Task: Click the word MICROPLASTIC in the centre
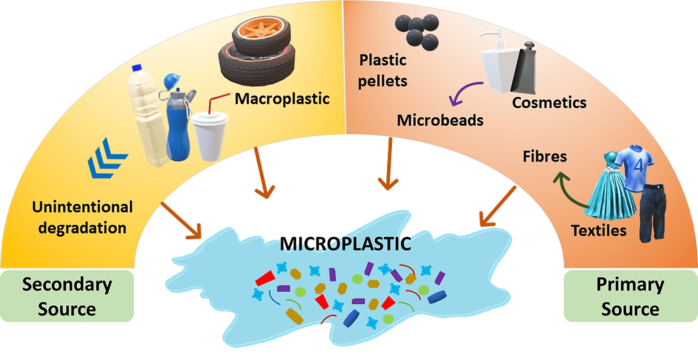pos(345,244)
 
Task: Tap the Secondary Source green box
pos(67,296)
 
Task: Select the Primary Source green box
pos(630,296)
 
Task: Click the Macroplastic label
pos(282,99)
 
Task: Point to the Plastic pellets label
pos(382,71)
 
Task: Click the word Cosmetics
pos(549,103)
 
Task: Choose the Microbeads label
pos(440,121)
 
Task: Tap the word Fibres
pos(545,157)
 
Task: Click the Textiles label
pos(599,231)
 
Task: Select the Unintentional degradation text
pos(82,217)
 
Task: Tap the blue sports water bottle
pos(177,122)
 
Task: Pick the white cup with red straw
pos(209,134)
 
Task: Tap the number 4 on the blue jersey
pos(638,165)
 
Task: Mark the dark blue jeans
pos(652,213)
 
